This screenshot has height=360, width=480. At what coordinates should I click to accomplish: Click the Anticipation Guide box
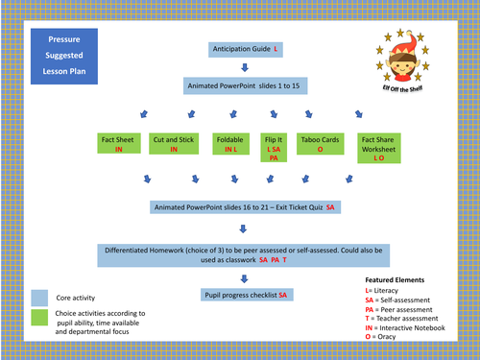[x=245, y=48]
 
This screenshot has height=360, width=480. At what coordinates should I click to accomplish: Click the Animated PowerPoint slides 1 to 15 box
[x=244, y=86]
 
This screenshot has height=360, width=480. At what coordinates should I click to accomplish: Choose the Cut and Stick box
[x=174, y=144]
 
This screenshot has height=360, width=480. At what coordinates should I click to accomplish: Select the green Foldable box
[x=229, y=144]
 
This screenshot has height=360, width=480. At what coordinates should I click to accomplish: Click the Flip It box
[x=275, y=150]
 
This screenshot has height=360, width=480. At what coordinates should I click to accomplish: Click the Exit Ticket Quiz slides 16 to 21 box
[x=244, y=206]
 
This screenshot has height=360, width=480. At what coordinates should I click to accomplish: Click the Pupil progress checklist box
[x=244, y=295]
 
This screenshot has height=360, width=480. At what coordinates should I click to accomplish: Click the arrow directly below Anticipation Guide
[x=245, y=67]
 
